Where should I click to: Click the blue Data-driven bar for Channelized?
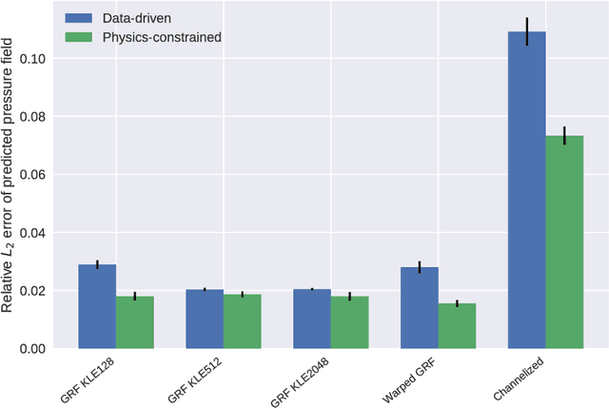tap(526, 190)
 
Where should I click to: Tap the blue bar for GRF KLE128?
tap(97, 306)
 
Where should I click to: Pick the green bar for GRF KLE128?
tap(134, 322)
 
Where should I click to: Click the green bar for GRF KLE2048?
tap(349, 322)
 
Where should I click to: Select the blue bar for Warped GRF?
tap(420, 307)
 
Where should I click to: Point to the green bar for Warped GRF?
tap(457, 326)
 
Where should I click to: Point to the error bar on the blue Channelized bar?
tap(526, 31)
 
